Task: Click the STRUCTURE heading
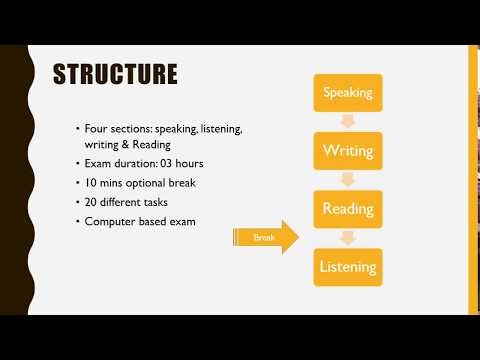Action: point(114,74)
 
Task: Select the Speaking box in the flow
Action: point(347,94)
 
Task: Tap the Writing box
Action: point(347,151)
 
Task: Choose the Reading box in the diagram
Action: point(347,209)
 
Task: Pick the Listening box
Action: point(347,267)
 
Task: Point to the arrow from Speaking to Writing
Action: point(347,123)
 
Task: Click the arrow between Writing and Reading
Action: point(347,180)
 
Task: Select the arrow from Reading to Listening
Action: point(347,238)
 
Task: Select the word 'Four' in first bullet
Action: point(97,130)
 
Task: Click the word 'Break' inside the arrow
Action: point(263,238)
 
